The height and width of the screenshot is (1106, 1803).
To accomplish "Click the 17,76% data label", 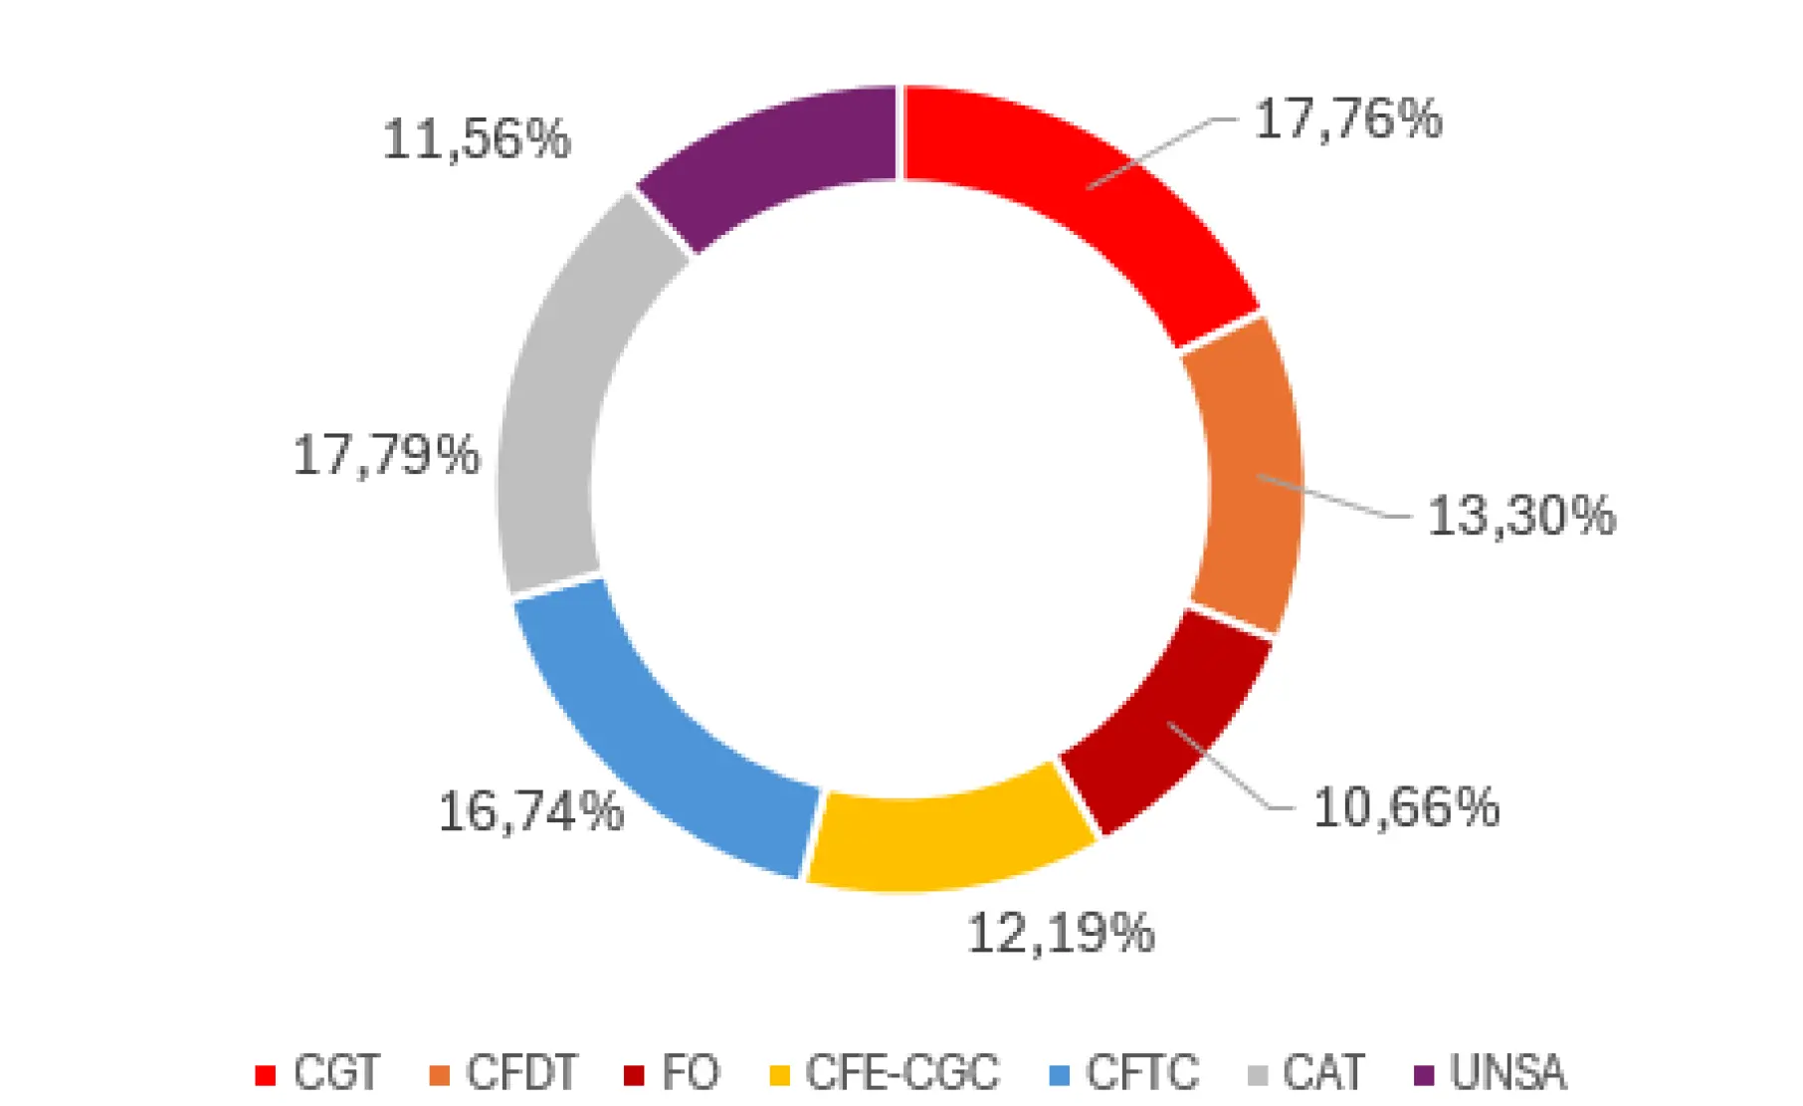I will tap(1347, 119).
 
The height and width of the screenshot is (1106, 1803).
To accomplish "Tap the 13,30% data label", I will tap(1520, 517).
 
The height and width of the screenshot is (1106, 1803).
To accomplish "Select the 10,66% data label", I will tap(1405, 807).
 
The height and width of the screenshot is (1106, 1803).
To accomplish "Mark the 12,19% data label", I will tap(1060, 934).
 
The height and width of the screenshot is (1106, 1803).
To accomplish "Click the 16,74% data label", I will tap(530, 811).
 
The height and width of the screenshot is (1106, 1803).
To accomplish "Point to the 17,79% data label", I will tap(385, 456).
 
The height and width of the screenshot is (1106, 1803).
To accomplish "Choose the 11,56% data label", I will tap(476, 139).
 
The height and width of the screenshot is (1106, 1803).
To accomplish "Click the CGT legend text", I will tap(336, 1073).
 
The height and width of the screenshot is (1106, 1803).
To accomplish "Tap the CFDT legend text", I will tap(520, 1073).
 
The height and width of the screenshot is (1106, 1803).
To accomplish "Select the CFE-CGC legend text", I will tap(901, 1073).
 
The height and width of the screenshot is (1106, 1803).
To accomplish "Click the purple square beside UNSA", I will tap(1424, 1075).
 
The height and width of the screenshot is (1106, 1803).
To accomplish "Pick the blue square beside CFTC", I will tap(1060, 1075).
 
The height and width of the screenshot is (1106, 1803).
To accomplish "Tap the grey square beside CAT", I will tap(1258, 1075).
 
